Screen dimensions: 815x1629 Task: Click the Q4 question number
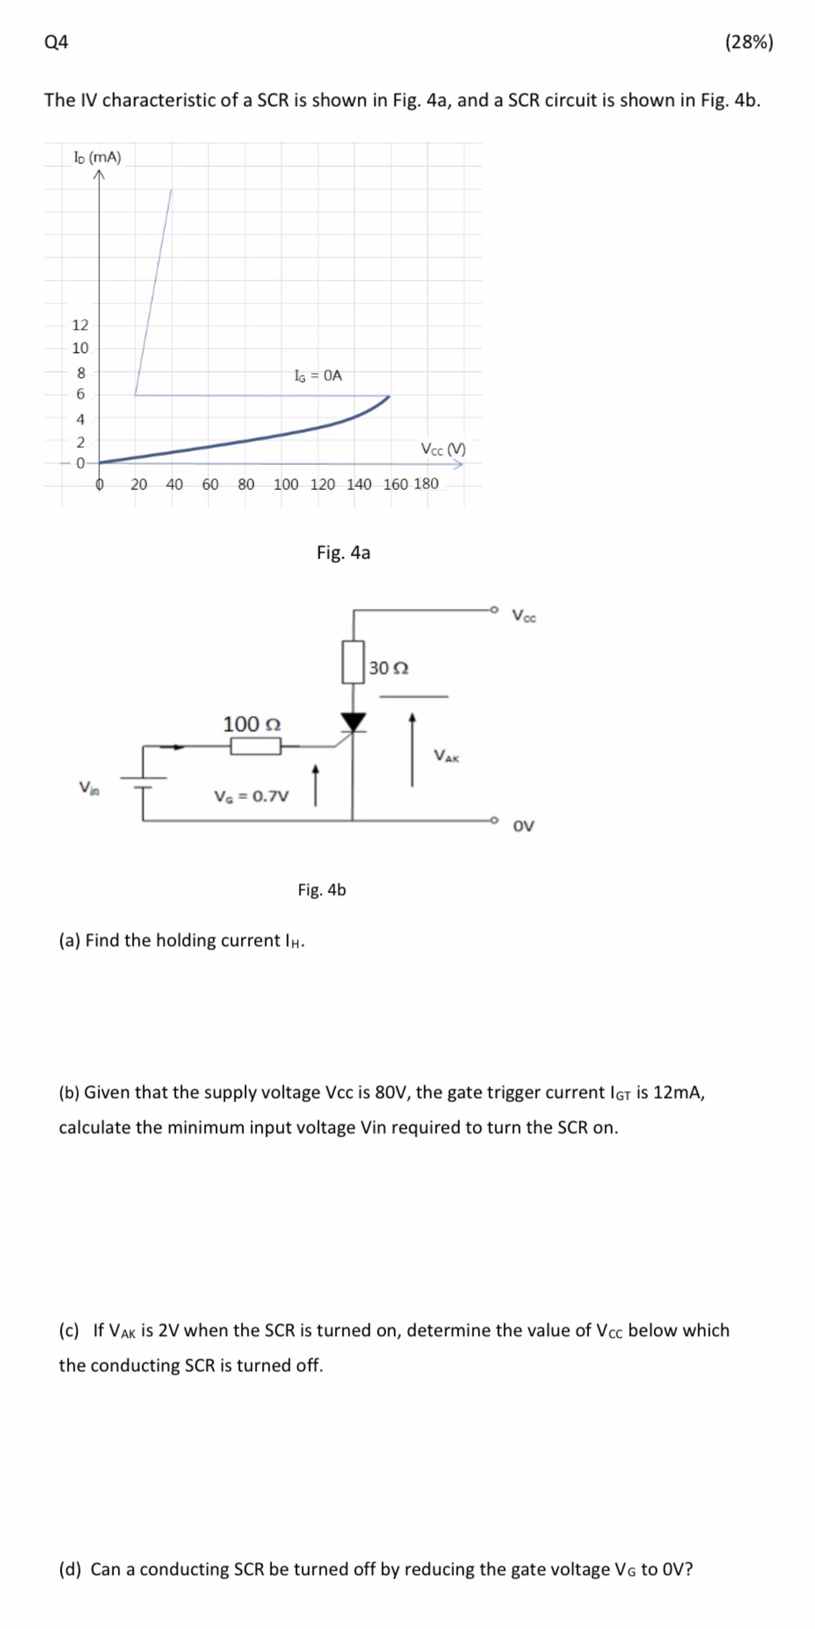[x=56, y=42]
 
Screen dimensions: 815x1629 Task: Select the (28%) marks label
[x=749, y=42]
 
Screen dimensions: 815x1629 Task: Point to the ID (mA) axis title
[x=98, y=157]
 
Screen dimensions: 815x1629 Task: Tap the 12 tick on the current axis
[x=80, y=325]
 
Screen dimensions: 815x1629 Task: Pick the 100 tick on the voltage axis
[x=286, y=484]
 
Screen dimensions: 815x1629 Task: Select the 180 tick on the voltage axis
[x=426, y=484]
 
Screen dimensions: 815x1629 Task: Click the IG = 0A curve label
[x=318, y=376]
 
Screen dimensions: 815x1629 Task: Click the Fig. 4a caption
[x=343, y=553]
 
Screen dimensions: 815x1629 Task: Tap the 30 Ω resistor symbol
[x=353, y=662]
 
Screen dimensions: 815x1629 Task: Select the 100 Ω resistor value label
[x=252, y=723]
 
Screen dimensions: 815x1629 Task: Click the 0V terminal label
[x=524, y=826]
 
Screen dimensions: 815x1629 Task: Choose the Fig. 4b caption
[x=322, y=890]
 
